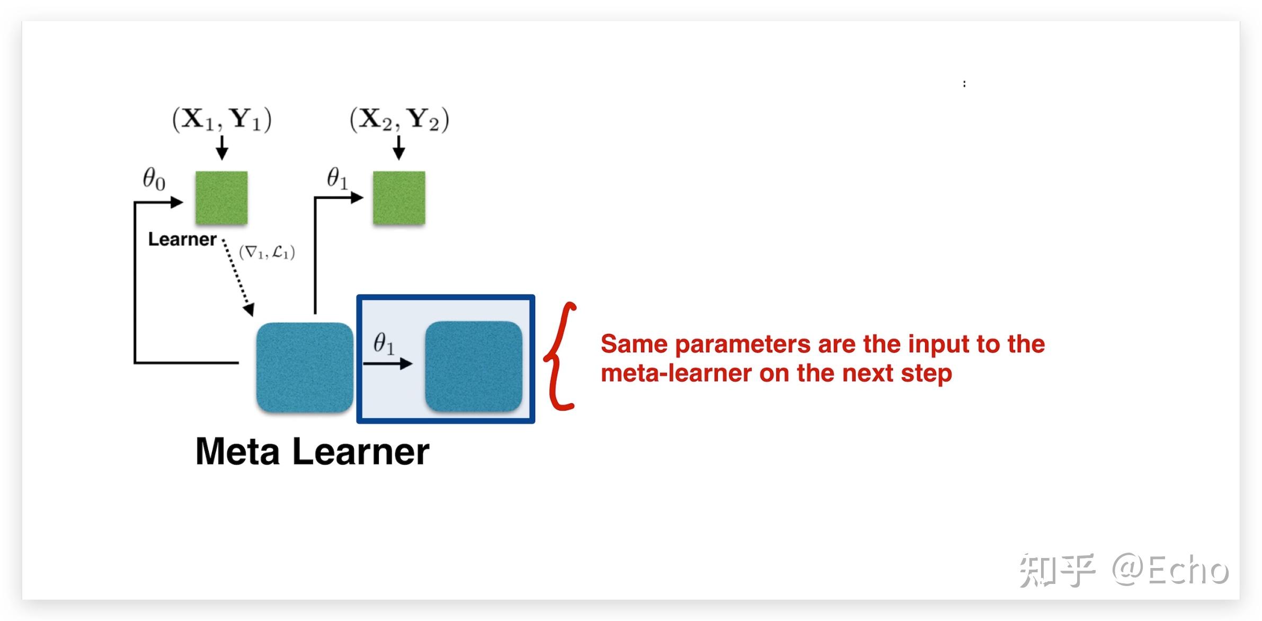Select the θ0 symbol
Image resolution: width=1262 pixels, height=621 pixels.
(x=154, y=179)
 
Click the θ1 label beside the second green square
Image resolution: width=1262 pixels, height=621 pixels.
(x=337, y=178)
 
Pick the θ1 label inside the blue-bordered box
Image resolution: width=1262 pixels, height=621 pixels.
(x=384, y=343)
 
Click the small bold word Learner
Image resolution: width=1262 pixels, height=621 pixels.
(x=182, y=239)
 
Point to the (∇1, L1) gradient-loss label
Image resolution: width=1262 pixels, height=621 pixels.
(x=266, y=252)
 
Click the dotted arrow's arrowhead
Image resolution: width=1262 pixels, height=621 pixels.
(x=249, y=310)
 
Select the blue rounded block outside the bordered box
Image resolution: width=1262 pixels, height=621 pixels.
(x=305, y=367)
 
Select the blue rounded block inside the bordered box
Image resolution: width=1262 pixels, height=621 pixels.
(x=473, y=366)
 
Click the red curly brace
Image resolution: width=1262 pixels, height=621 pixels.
(x=559, y=356)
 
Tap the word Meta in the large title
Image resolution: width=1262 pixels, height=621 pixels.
(x=237, y=452)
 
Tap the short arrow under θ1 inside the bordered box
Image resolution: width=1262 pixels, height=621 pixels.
(x=388, y=363)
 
